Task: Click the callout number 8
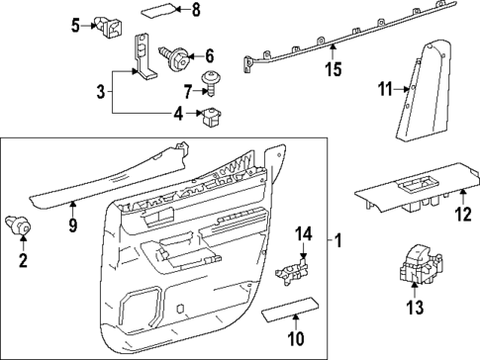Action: point(195,10)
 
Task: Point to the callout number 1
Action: point(337,240)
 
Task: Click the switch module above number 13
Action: point(417,269)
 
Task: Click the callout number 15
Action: point(333,69)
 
